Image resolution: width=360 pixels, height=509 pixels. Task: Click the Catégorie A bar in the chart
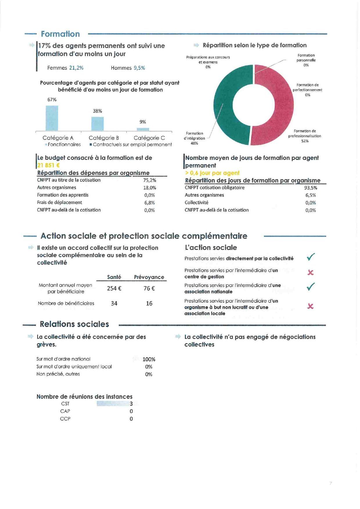click(52, 118)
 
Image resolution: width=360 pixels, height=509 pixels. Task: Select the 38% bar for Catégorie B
click(98, 124)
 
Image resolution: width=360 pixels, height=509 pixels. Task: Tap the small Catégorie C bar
click(143, 129)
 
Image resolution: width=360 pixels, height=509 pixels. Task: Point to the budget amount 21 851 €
click(48, 165)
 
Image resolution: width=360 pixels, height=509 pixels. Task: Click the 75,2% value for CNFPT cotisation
click(150, 180)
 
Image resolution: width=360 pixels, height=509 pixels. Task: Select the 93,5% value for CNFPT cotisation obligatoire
click(311, 188)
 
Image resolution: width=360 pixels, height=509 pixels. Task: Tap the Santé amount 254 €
click(114, 288)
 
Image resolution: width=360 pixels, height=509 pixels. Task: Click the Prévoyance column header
click(149, 277)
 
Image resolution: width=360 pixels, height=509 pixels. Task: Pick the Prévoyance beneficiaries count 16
click(149, 303)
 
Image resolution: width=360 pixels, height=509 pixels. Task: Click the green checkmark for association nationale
click(311, 287)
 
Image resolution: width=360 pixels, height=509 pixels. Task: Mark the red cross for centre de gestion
click(310, 272)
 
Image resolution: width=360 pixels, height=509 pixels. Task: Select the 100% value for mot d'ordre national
click(149, 359)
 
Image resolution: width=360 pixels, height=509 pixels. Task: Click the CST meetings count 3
click(131, 404)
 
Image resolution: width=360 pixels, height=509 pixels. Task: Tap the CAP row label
click(65, 411)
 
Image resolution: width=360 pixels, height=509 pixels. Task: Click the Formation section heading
click(60, 34)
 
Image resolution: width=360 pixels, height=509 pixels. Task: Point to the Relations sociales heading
click(74, 324)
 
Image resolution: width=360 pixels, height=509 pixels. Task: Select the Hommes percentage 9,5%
click(139, 68)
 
